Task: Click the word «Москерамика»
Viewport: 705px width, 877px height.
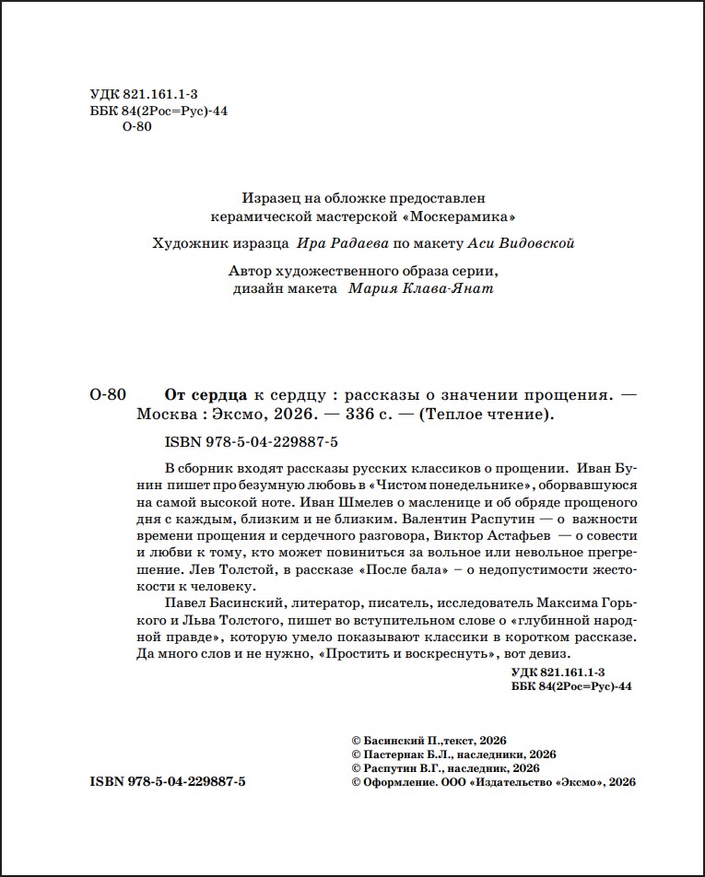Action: (x=456, y=218)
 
